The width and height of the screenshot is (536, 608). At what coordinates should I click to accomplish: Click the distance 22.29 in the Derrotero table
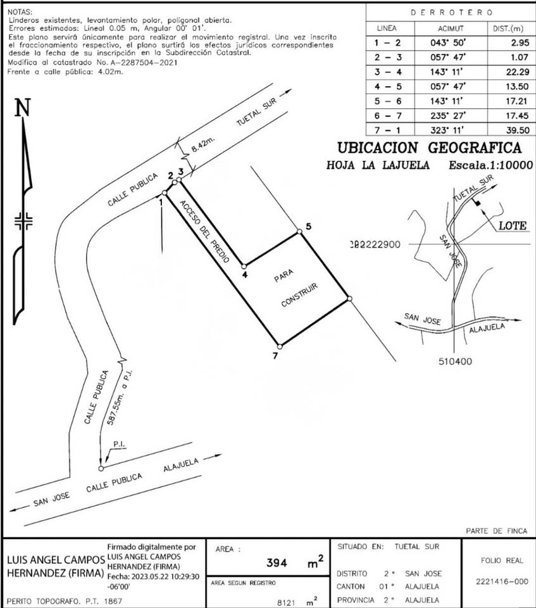[x=518, y=72]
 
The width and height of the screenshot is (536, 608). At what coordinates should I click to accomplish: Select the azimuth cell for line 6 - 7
[x=448, y=115]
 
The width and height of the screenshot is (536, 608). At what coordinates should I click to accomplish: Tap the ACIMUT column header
[x=451, y=28]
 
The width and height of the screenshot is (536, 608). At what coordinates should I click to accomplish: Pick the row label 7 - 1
[x=387, y=130]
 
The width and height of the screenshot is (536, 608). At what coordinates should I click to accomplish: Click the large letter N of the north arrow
[x=23, y=108]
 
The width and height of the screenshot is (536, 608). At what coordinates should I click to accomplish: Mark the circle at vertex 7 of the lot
[x=280, y=346]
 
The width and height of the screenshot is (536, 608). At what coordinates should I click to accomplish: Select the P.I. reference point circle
[x=101, y=469]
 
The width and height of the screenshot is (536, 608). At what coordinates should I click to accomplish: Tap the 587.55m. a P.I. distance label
[x=120, y=398]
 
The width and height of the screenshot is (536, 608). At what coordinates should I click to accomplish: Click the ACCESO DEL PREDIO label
[x=204, y=231]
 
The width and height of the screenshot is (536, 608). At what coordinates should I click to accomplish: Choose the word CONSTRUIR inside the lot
[x=299, y=295]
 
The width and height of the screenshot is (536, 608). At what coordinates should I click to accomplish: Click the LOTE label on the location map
[x=513, y=225]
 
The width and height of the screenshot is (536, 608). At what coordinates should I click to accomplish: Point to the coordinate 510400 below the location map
[x=456, y=362]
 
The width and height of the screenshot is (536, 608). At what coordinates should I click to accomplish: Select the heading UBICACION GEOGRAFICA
[x=430, y=148]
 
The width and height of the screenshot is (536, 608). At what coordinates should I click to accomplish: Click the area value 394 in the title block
[x=277, y=562]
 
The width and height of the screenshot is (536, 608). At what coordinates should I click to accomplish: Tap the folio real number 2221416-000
[x=502, y=581]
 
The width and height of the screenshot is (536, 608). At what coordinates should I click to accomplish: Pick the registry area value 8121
[x=286, y=602]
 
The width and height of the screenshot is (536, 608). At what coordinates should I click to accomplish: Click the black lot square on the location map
[x=478, y=203]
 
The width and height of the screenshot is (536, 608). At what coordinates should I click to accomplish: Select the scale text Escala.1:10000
[x=490, y=165]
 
